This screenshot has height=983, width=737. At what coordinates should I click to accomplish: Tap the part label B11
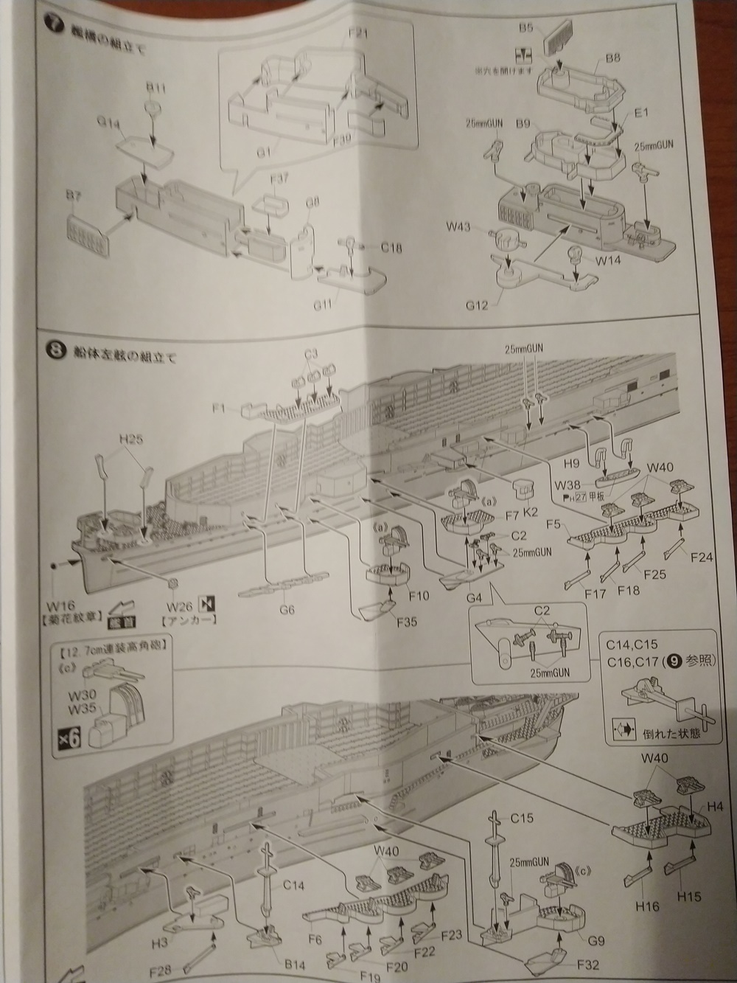click(155, 88)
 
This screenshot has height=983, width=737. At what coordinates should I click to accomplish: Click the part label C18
click(392, 248)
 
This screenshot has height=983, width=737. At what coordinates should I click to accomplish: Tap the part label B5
click(525, 28)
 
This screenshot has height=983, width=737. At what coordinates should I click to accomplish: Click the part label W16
click(54, 588)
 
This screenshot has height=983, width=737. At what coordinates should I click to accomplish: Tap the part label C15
click(523, 818)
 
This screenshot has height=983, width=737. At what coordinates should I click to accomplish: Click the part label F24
click(701, 557)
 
